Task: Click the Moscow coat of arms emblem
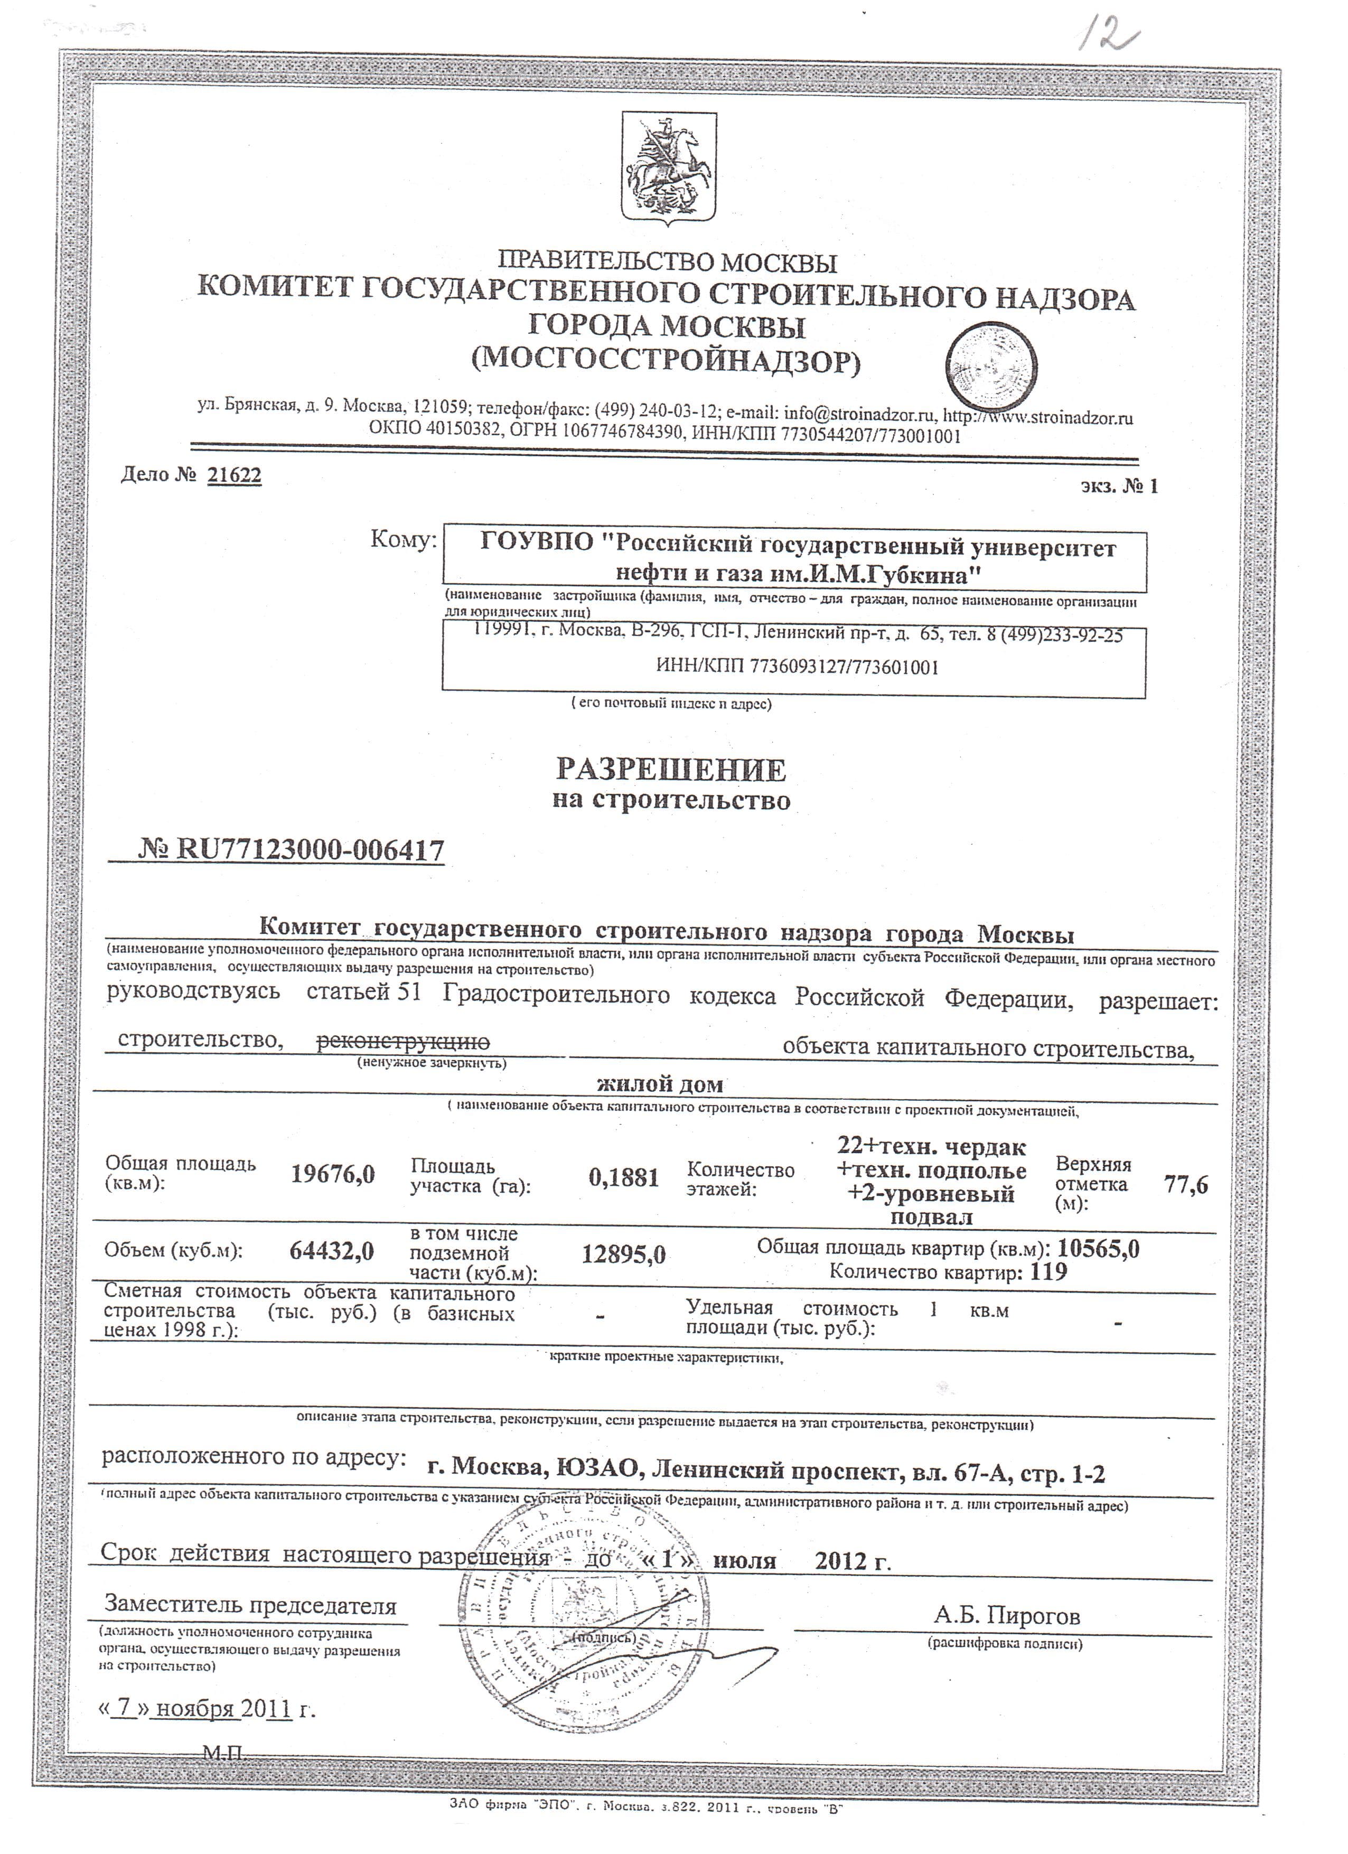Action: click(669, 169)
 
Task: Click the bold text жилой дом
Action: click(660, 1085)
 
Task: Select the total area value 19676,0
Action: click(333, 1175)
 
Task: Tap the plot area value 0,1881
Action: click(624, 1177)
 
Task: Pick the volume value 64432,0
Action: click(332, 1251)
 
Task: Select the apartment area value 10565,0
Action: click(1099, 1248)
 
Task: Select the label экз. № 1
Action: click(1118, 486)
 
